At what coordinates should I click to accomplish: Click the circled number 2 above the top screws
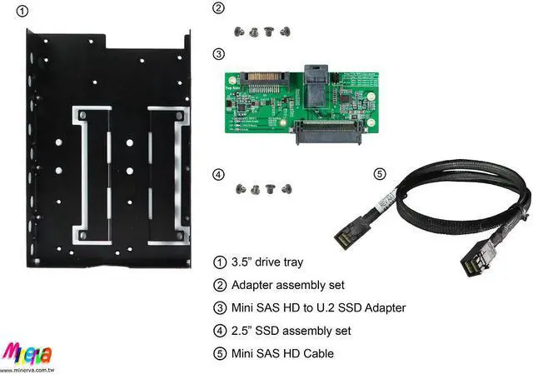[218, 9]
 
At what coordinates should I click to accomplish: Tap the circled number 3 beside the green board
[218, 54]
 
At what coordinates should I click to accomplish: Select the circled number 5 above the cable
[380, 174]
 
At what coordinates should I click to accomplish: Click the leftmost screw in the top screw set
[239, 31]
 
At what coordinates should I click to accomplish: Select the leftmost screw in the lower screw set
[241, 189]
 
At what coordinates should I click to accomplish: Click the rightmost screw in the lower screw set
[286, 189]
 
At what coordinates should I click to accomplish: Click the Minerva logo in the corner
[24, 351]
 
